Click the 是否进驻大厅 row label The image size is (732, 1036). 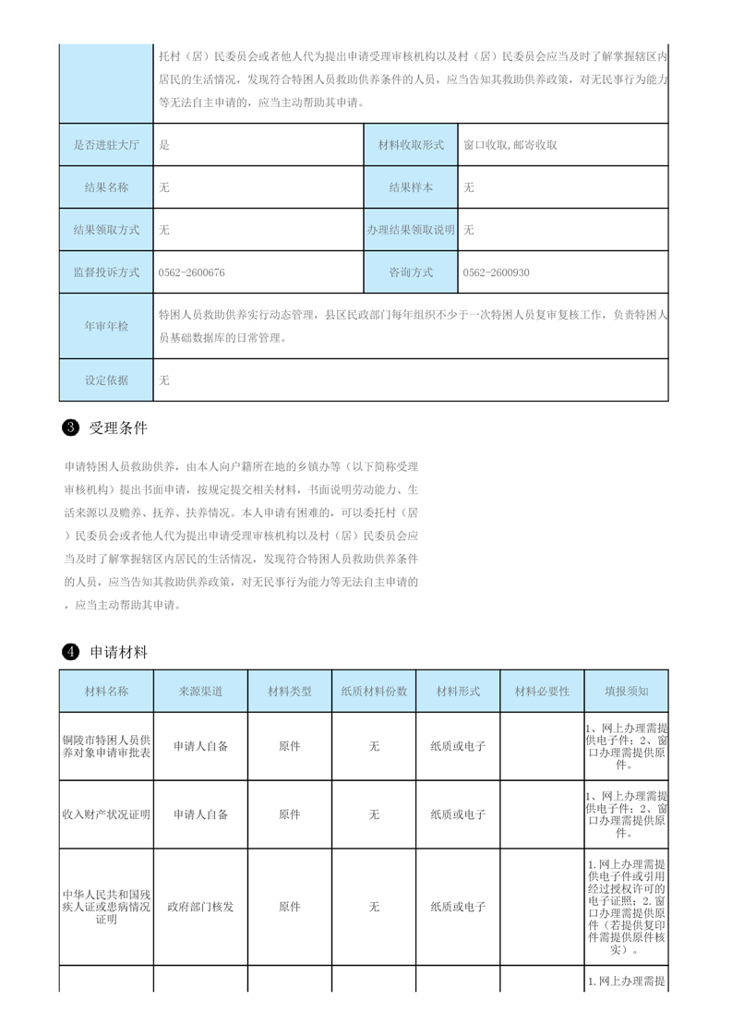click(106, 145)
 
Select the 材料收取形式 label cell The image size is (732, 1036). click(411, 145)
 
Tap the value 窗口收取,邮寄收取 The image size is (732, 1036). click(510, 145)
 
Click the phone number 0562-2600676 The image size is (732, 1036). click(192, 273)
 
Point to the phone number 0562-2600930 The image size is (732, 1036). click(496, 273)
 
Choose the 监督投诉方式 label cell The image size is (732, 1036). click(106, 273)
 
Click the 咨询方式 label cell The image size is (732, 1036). click(411, 273)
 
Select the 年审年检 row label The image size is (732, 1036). click(106, 326)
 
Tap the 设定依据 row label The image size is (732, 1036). click(106, 379)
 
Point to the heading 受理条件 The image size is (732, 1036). click(118, 428)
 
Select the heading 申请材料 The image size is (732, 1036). click(118, 653)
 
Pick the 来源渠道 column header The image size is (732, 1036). click(200, 692)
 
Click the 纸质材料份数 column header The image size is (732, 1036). click(374, 692)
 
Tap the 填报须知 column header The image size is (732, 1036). click(627, 692)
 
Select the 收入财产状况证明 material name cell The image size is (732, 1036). click(106, 814)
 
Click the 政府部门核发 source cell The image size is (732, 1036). click(200, 907)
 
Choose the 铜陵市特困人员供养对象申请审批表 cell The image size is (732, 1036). click(106, 746)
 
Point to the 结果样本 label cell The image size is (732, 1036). click(411, 187)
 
